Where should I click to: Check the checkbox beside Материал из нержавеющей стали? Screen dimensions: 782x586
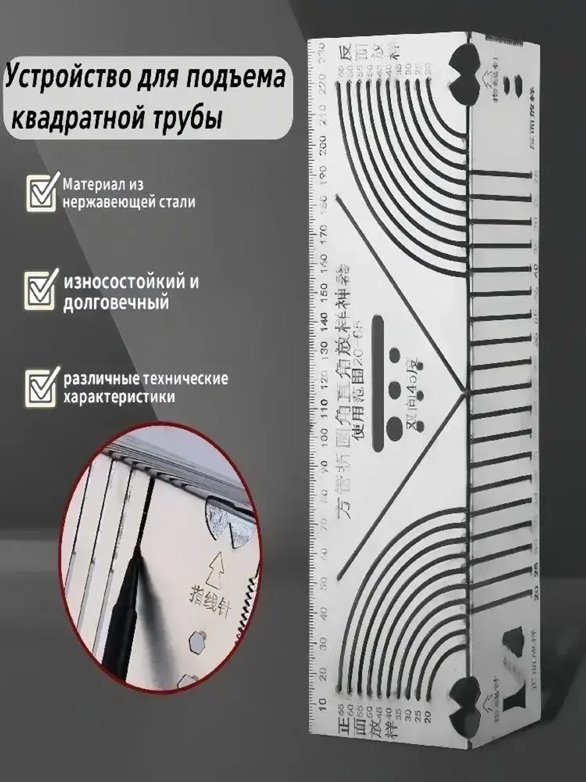coord(43,192)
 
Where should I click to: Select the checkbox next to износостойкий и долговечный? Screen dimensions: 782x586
coord(43,290)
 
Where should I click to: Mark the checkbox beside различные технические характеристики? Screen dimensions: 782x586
coord(43,387)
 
